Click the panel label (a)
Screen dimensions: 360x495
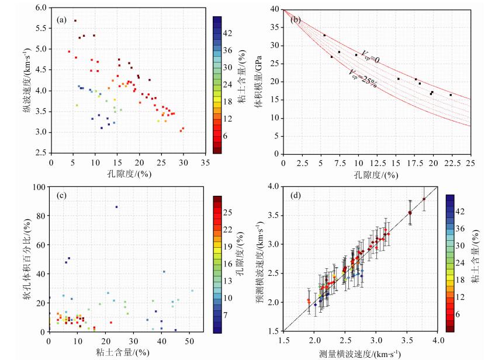pyautogui.click(x=61, y=19)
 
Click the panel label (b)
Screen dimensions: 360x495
pyautogui.click(x=296, y=19)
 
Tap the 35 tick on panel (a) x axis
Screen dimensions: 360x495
pyautogui.click(x=205, y=162)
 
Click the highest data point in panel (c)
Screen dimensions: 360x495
pyautogui.click(x=116, y=207)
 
